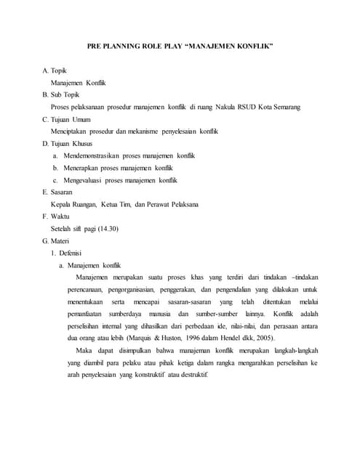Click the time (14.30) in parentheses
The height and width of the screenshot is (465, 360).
[105, 228]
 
